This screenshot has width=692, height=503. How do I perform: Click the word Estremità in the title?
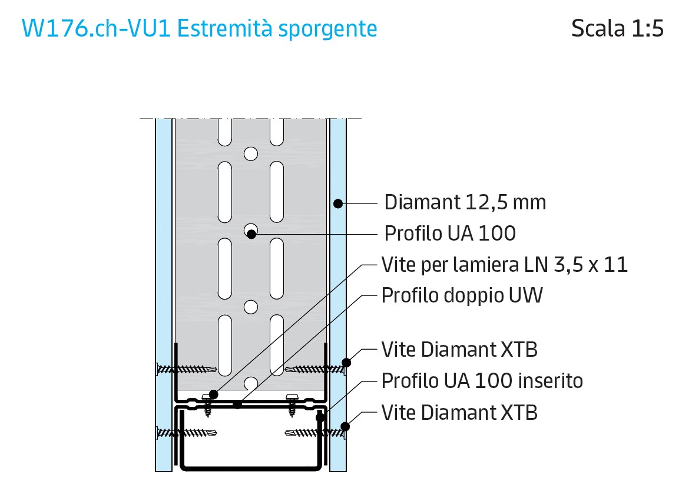click(x=224, y=29)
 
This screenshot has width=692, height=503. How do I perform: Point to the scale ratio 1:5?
click(x=647, y=28)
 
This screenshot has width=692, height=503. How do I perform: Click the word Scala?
click(x=598, y=28)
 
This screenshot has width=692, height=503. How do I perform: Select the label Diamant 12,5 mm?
click(x=465, y=202)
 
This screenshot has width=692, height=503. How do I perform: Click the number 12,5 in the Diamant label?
click(x=486, y=203)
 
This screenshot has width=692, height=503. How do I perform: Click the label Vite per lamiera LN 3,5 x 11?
click(x=505, y=265)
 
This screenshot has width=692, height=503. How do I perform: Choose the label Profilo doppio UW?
click(x=462, y=295)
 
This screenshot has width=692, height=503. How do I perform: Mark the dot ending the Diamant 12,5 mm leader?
click(x=338, y=203)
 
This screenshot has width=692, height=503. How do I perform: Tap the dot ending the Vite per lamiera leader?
click(x=214, y=394)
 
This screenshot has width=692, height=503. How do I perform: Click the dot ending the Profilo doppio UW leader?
click(x=237, y=404)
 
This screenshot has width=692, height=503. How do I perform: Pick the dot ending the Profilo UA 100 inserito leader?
click(x=320, y=417)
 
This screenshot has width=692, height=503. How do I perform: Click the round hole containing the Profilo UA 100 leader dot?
click(x=251, y=231)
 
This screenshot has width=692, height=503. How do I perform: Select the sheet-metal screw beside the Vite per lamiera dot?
click(x=207, y=405)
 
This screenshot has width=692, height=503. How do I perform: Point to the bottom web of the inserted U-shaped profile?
click(x=251, y=468)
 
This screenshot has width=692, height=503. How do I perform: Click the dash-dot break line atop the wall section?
click(x=251, y=119)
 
